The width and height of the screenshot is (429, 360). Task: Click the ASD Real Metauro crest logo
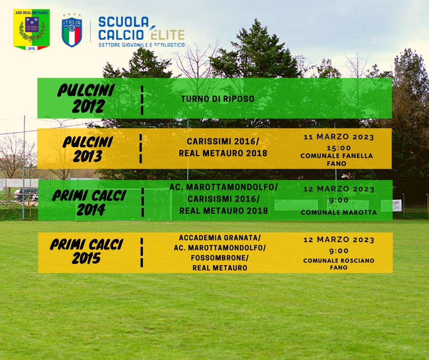tap(31, 30)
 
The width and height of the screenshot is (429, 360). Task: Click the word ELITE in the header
tap(167, 34)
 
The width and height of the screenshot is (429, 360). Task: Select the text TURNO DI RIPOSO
tap(218, 99)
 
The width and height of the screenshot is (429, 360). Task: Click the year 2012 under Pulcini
tap(89, 106)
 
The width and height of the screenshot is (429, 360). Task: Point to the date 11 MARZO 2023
tap(339, 137)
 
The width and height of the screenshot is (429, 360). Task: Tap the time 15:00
tap(339, 148)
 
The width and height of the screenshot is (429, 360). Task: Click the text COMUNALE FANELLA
tap(336, 156)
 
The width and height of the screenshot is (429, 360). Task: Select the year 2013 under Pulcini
tap(87, 156)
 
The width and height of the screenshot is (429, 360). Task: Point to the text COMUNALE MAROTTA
tap(339, 212)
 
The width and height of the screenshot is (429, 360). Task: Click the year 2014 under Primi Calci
tap(91, 210)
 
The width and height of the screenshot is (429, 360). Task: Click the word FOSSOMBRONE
tap(218, 258)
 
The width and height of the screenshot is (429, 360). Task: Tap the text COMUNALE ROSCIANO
tap(339, 260)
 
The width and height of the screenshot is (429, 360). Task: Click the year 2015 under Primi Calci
tap(86, 258)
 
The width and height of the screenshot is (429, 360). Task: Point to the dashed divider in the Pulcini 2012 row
tap(142, 100)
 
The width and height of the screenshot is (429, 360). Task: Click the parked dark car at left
tap(26, 194)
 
